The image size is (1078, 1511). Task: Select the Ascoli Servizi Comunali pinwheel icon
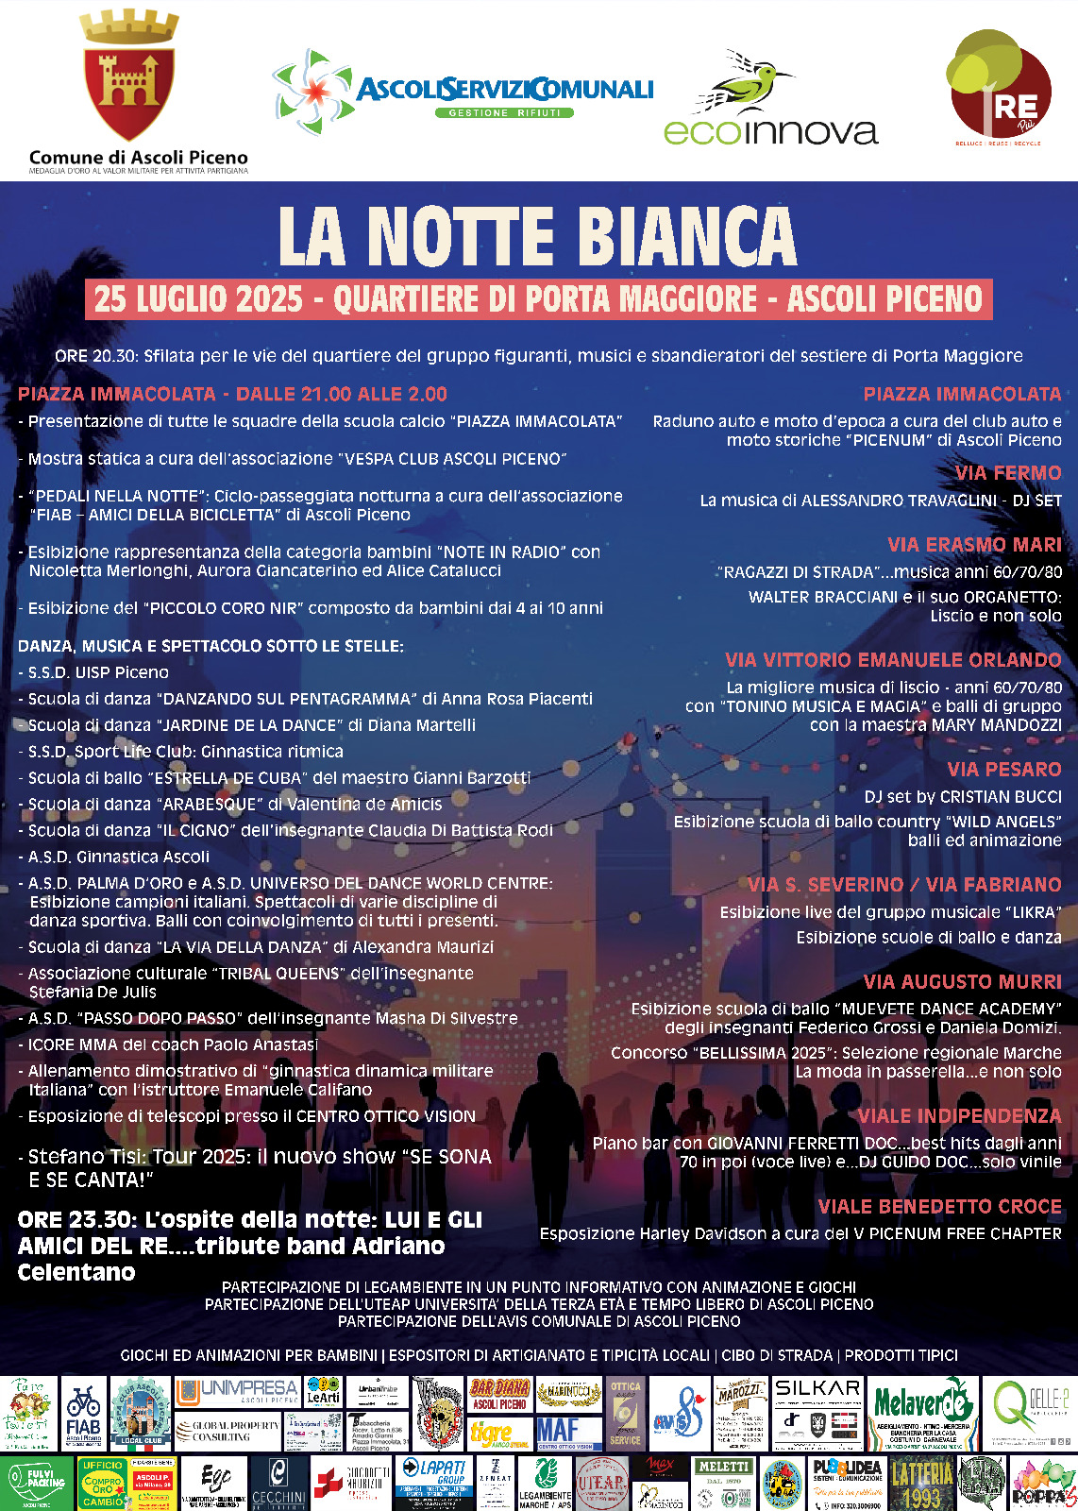click(x=312, y=92)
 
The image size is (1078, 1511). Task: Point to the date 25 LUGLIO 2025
click(x=198, y=299)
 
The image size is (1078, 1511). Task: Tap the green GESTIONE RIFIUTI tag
click(x=504, y=113)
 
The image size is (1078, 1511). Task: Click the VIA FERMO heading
click(x=1008, y=473)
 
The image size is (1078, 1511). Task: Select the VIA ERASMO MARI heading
click(x=974, y=545)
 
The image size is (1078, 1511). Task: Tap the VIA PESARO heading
click(x=1004, y=770)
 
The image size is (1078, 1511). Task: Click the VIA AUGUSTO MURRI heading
click(x=962, y=982)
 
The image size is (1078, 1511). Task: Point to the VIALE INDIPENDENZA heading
click(x=959, y=1116)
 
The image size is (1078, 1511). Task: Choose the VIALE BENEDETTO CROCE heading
click(x=939, y=1207)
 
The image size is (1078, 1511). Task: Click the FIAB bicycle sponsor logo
click(x=84, y=1414)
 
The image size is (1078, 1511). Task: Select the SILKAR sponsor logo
click(x=817, y=1388)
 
